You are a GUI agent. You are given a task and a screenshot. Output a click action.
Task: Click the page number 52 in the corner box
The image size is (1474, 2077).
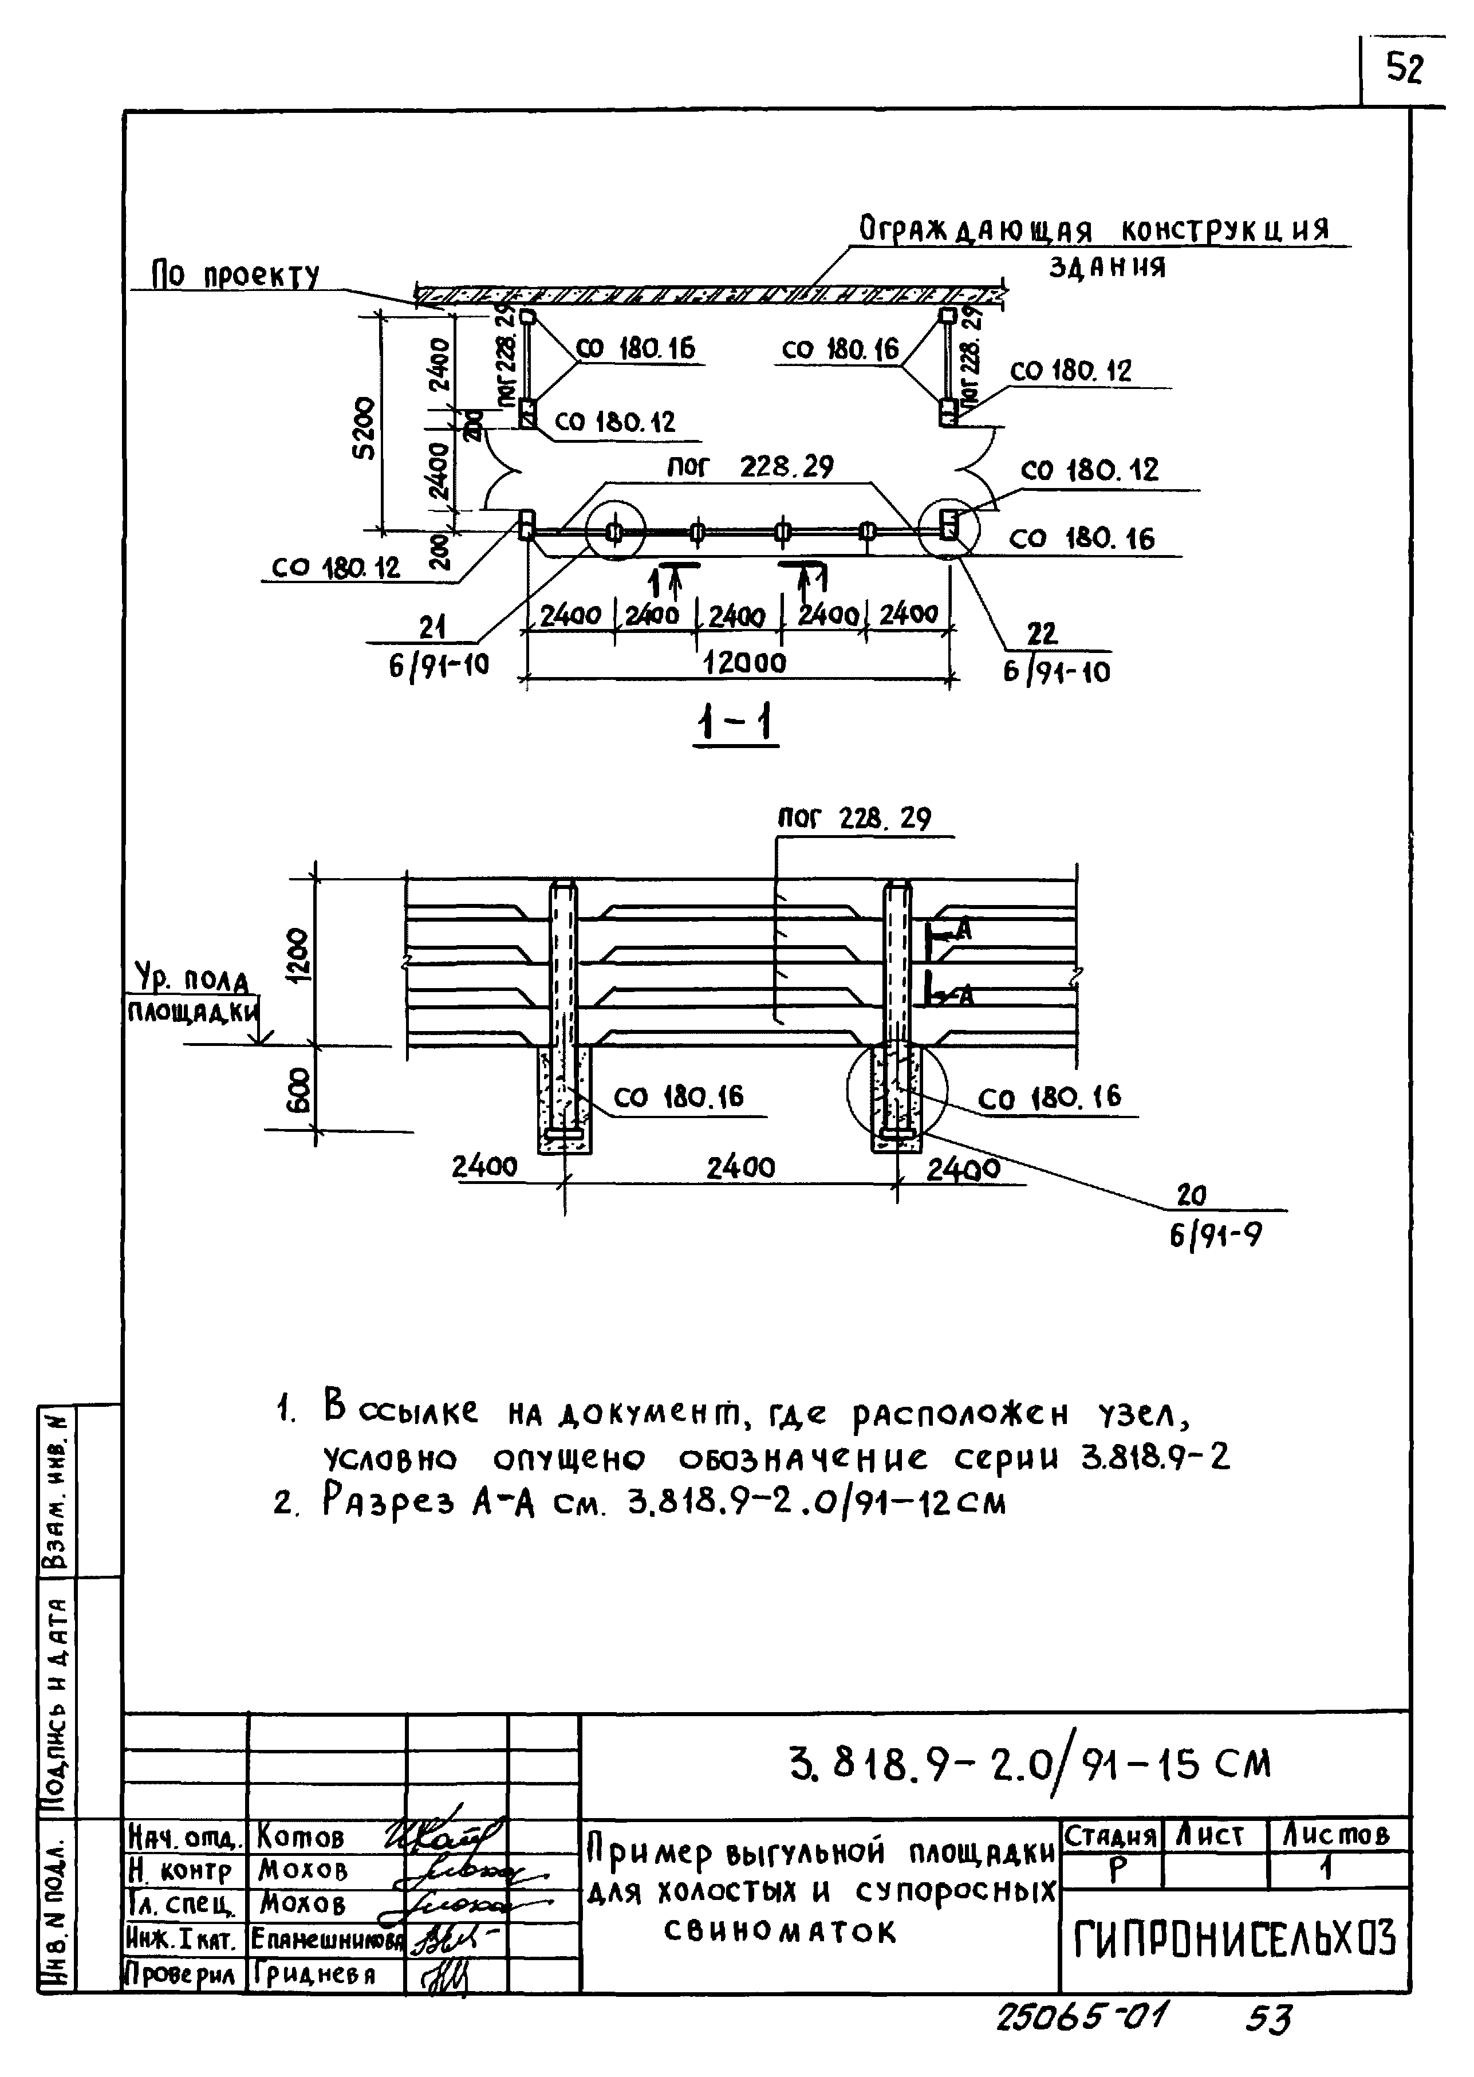[1404, 69]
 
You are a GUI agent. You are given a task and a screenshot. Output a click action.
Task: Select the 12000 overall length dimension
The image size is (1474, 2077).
[744, 663]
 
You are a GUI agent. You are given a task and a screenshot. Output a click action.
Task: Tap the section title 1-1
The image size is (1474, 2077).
[736, 726]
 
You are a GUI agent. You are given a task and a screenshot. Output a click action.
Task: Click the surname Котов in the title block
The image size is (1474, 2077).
[301, 1838]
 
